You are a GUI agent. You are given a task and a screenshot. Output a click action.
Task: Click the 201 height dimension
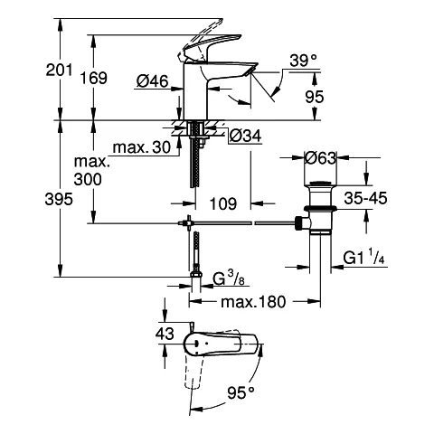(x=59, y=70)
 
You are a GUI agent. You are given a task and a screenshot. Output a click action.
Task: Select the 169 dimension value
(x=94, y=78)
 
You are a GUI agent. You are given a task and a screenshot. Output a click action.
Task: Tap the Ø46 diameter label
(x=152, y=81)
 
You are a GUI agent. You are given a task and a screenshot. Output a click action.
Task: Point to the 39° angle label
(x=304, y=61)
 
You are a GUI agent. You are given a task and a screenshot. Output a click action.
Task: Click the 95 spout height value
(x=315, y=97)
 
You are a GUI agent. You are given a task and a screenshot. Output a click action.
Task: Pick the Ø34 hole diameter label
(x=245, y=137)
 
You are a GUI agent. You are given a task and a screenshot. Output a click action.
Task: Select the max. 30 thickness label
(x=142, y=147)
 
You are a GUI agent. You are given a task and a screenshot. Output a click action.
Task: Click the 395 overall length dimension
(x=59, y=199)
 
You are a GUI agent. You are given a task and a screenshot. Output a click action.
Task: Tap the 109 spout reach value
(x=223, y=203)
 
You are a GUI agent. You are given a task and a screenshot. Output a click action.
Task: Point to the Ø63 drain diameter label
(x=320, y=157)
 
